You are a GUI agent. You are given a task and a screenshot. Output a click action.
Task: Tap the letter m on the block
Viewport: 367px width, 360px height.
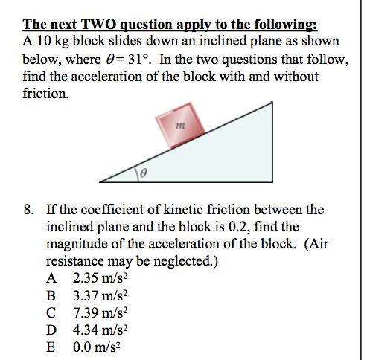pyautogui.click(x=178, y=127)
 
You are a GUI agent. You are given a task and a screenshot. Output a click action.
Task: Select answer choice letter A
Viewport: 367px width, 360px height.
pyautogui.click(x=51, y=279)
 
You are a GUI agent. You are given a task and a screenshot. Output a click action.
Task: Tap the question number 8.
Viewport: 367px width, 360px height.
pyautogui.click(x=28, y=211)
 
